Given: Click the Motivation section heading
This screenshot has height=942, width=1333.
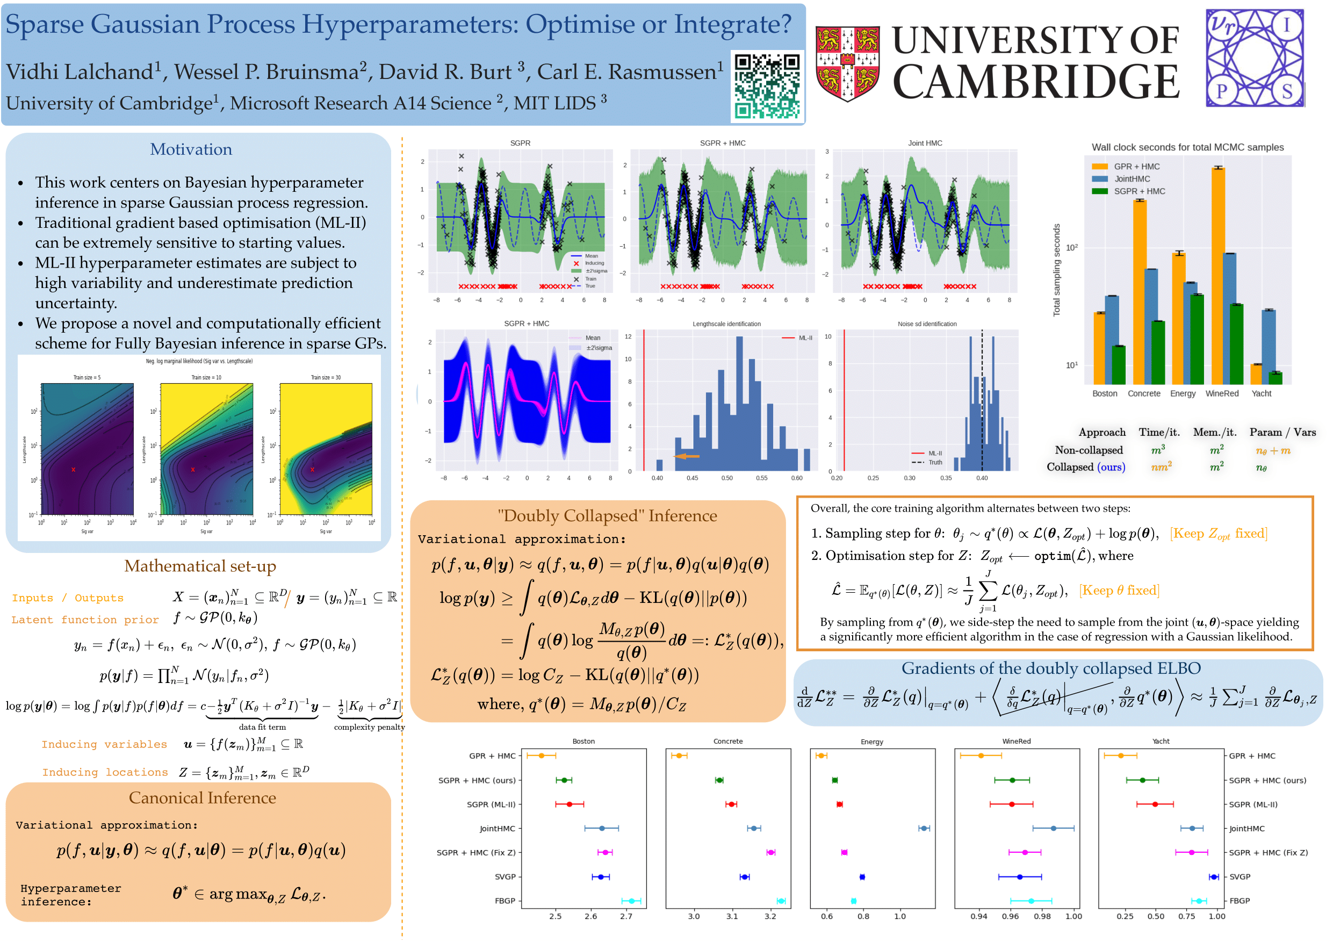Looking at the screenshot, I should pyautogui.click(x=191, y=149).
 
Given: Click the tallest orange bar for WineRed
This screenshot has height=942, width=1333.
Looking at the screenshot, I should pyautogui.click(x=1218, y=275).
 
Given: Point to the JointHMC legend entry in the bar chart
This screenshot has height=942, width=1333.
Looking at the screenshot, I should pyautogui.click(x=1132, y=179).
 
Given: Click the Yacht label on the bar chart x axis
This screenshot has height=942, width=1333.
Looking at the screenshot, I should pyautogui.click(x=1261, y=393).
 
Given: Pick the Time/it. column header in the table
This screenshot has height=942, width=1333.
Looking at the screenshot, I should pyautogui.click(x=1159, y=432).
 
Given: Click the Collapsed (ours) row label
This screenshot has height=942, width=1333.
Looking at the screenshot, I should pyautogui.click(x=1085, y=467).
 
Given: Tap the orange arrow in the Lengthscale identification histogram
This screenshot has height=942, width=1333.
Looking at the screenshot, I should pyautogui.click(x=687, y=456).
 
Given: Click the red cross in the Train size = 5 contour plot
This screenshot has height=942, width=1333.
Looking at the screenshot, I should pyautogui.click(x=73, y=469).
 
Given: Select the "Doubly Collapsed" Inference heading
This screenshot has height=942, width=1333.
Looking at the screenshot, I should pyautogui.click(x=607, y=516).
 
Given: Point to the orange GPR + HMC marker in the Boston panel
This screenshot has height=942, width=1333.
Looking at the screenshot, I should pyautogui.click(x=541, y=756).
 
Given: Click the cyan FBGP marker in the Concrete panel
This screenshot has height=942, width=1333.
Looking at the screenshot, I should pyautogui.click(x=781, y=901).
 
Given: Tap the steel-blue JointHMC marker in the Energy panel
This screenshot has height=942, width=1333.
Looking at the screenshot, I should pyautogui.click(x=923, y=828).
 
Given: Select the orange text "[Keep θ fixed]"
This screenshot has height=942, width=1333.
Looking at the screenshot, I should pyautogui.click(x=1119, y=590).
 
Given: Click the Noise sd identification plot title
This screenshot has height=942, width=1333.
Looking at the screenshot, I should pyautogui.click(x=927, y=324).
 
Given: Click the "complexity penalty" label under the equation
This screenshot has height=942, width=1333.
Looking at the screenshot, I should pyautogui.click(x=369, y=727).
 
